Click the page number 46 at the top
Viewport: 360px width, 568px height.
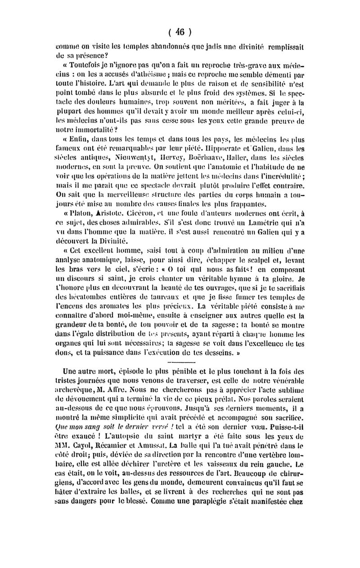(181, 32)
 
